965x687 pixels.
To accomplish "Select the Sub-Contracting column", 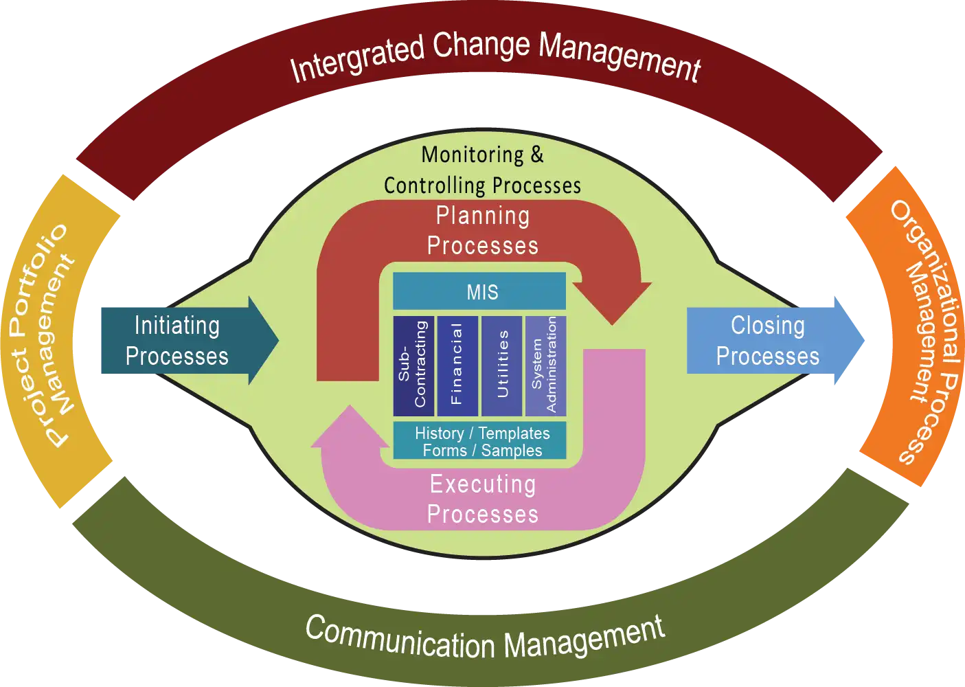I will click(413, 366).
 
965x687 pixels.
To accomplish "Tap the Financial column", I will click(457, 366).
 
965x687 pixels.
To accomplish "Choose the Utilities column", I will click(502, 366).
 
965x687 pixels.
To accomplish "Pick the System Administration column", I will click(545, 366).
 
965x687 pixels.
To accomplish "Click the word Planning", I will click(483, 216).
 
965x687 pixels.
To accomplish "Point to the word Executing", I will click(483, 484).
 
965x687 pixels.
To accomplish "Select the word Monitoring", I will click(473, 155).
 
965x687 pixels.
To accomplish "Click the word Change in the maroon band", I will click(481, 46).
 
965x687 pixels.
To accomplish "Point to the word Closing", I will click(767, 326).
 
